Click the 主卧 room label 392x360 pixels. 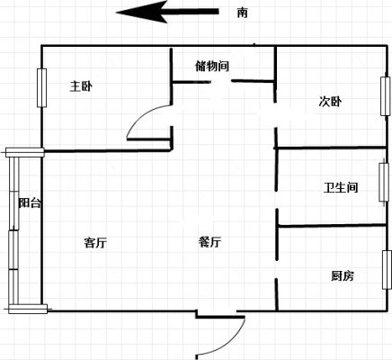tap(81, 86)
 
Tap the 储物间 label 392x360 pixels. tap(212, 66)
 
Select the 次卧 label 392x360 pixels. tap(330, 102)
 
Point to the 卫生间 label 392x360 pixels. tap(341, 187)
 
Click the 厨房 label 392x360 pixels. tap(343, 275)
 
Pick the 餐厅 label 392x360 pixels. tap(209, 242)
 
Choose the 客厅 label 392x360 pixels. tap(95, 242)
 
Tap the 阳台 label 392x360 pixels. tap(30, 203)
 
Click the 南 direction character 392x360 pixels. tap(242, 13)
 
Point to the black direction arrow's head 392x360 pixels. tap(141, 12)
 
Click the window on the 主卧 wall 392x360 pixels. tap(41, 88)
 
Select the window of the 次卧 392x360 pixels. tap(386, 96)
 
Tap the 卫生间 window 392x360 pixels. tap(384, 182)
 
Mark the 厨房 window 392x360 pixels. tap(387, 270)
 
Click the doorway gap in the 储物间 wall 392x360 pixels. tap(222, 81)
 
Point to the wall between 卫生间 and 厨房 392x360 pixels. tap(331, 225)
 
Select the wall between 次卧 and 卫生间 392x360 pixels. tap(330, 148)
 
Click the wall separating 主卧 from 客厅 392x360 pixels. tap(107, 151)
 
